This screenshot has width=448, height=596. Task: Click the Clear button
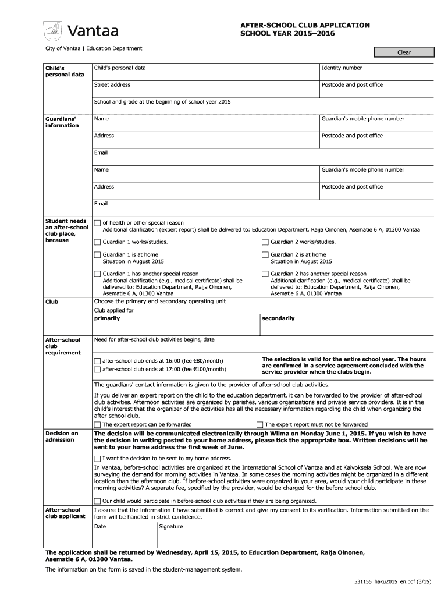[404, 52]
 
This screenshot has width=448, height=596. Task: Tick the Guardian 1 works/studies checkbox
[98, 242]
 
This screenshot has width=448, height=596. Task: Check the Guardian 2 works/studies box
[265, 242]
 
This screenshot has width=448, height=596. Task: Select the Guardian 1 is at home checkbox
[98, 255]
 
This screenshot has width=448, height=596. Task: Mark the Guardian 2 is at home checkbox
[265, 255]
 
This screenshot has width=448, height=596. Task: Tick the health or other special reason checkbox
[98, 223]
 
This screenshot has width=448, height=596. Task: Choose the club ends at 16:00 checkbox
[98, 361]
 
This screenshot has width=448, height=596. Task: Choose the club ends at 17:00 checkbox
[98, 370]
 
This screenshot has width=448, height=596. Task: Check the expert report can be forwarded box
[98, 425]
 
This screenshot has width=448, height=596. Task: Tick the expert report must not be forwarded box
[260, 425]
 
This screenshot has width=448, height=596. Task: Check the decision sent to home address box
[98, 459]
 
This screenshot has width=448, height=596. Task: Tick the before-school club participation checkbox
[98, 501]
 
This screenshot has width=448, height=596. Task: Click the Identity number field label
[342, 68]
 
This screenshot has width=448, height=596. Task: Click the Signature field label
[171, 527]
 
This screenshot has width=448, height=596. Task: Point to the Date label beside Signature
[100, 527]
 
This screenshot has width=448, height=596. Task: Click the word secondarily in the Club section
[278, 319]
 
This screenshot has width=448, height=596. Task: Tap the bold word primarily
[107, 319]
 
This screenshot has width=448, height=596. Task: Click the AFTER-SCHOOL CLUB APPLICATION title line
[305, 25]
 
